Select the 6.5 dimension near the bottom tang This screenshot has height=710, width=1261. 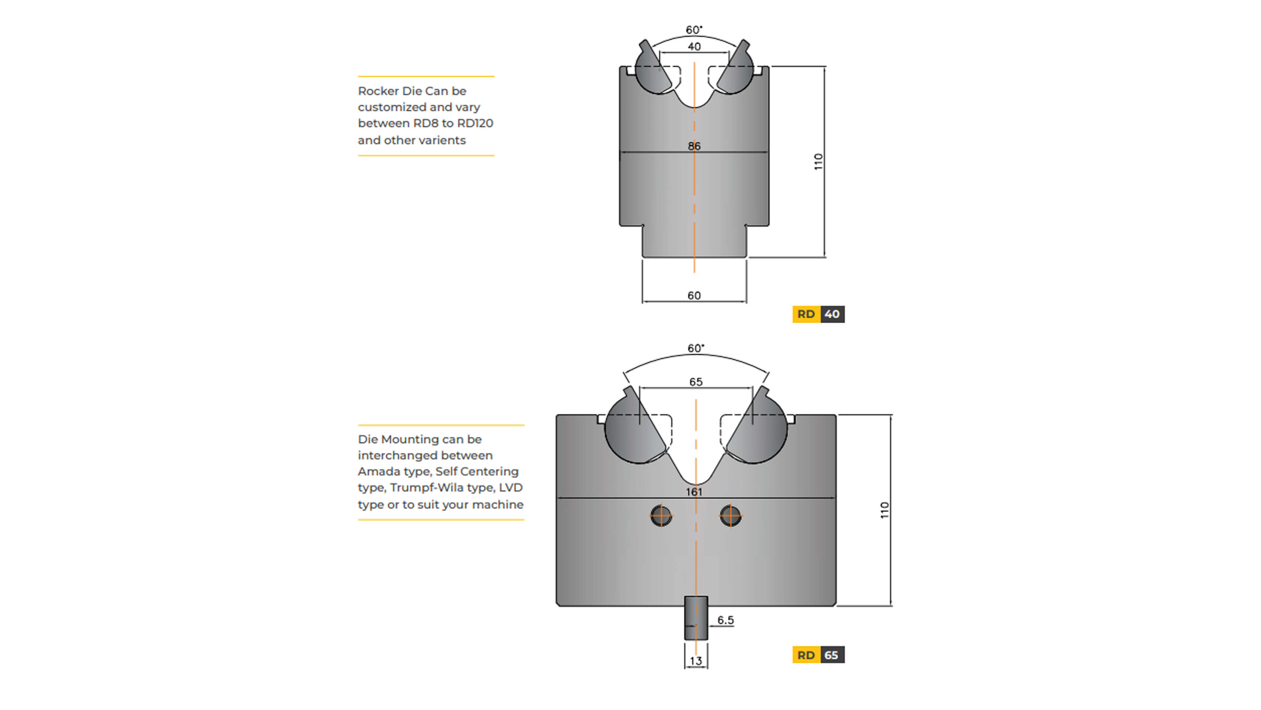click(725, 620)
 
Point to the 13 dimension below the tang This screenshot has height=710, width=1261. click(696, 660)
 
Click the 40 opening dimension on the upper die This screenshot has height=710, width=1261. click(694, 47)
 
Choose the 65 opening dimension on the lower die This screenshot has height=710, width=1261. click(696, 382)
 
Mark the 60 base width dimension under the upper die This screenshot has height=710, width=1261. click(694, 295)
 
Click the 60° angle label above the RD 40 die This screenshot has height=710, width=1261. click(694, 30)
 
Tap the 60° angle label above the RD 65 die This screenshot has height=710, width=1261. click(696, 348)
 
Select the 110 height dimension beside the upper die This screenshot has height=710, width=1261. click(818, 162)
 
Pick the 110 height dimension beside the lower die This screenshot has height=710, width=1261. click(884, 510)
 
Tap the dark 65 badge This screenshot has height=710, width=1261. click(832, 655)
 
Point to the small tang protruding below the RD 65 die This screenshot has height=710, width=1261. click(696, 618)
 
